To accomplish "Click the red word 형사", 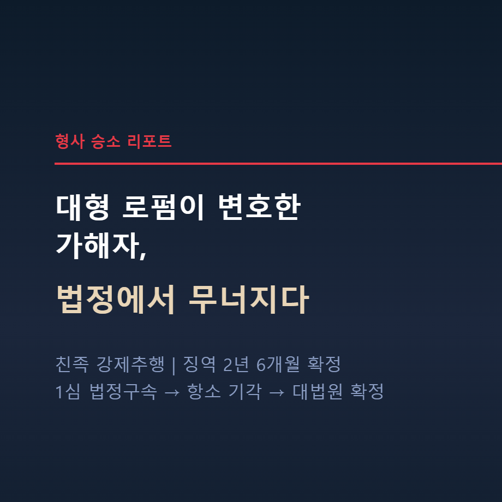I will pos(70,141).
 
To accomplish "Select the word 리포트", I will pos(149,141).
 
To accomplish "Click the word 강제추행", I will pos(130,364).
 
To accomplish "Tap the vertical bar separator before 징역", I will pos(174,364).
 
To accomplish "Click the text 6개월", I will pos(277,364).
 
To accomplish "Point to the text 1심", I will pos(68,392).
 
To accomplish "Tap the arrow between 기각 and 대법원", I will pos(277,392).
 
